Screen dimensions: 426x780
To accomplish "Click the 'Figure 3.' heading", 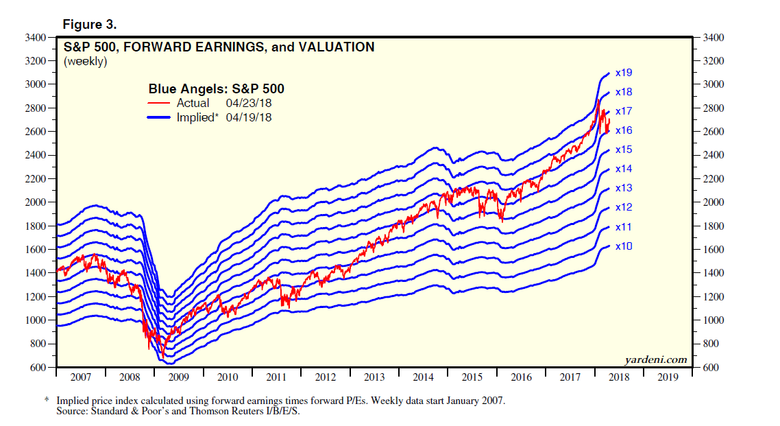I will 90,25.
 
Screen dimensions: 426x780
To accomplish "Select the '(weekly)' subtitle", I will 86,62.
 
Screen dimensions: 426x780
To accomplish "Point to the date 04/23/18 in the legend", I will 249,104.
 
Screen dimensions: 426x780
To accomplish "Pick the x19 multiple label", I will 623,72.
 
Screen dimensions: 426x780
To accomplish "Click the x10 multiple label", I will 623,246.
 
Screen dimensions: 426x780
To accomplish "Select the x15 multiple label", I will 623,150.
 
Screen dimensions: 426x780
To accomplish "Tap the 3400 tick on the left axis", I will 34,37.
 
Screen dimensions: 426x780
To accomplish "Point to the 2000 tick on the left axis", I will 34,202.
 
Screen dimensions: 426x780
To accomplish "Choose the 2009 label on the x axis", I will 180,377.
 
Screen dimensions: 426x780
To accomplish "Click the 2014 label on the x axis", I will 423,377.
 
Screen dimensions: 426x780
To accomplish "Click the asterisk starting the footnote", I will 47,401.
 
